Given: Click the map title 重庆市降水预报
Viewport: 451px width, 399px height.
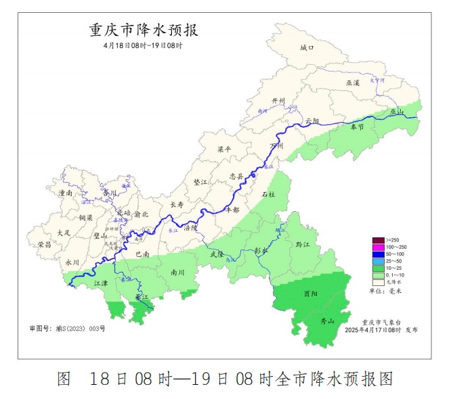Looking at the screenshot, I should (x=144, y=30).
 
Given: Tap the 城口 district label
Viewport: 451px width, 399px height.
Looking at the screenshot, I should (x=307, y=48).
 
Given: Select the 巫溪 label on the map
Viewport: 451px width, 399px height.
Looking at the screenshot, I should (x=353, y=82).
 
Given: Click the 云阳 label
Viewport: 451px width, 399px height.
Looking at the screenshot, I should (x=312, y=121).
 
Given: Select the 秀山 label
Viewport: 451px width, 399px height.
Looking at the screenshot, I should (x=327, y=321).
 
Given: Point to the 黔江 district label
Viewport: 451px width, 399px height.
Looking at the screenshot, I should (x=302, y=243).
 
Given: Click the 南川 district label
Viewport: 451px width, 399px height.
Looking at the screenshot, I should (x=178, y=272).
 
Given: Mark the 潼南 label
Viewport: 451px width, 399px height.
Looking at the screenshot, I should (x=66, y=193).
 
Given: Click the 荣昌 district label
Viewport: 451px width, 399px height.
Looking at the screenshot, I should (x=45, y=244).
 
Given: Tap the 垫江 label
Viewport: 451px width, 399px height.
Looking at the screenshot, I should (x=201, y=182).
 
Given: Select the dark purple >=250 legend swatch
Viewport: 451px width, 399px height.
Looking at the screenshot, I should (x=378, y=240).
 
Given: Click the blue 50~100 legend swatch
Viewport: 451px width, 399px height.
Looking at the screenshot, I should (x=378, y=254).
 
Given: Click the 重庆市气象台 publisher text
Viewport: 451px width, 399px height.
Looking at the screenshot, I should (x=381, y=322).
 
